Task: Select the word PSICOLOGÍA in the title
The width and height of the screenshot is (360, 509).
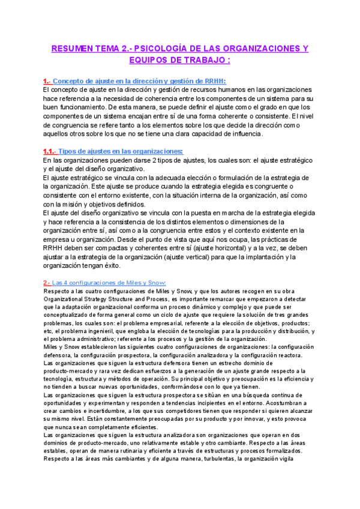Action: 170,48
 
